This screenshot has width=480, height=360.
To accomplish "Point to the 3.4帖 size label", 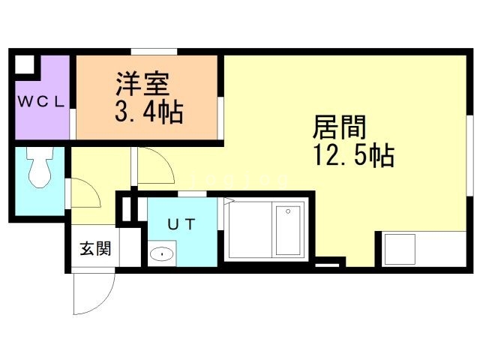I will (148, 113).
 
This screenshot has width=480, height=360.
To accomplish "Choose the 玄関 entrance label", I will (96, 248).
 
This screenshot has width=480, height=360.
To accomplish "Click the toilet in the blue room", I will (38, 169).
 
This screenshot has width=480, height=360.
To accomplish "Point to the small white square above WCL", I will (24, 64).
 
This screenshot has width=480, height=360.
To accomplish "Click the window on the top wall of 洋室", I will (154, 51).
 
